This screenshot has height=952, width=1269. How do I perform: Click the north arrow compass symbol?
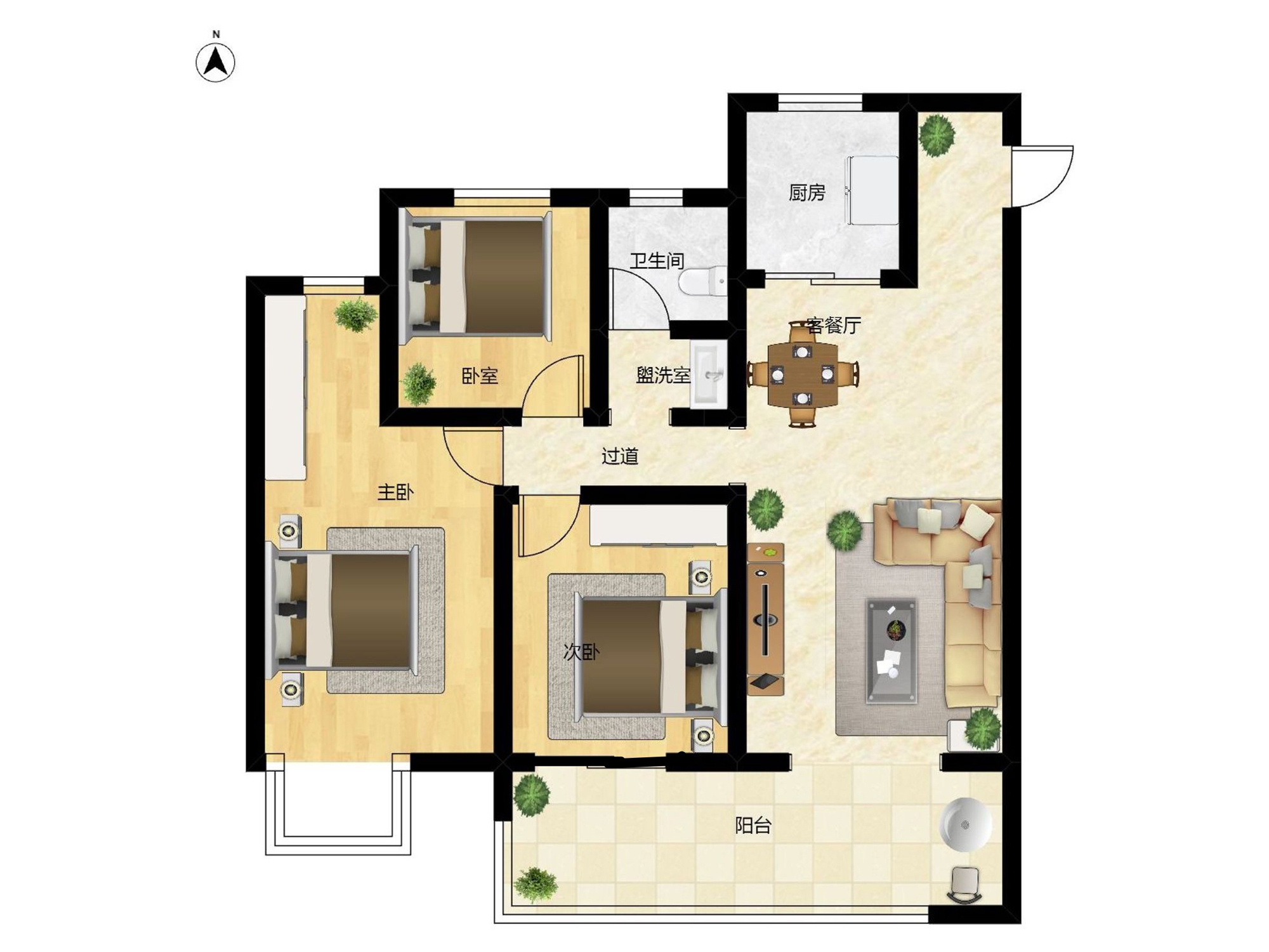[x=215, y=62]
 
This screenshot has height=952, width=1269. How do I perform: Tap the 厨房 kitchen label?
[x=807, y=192]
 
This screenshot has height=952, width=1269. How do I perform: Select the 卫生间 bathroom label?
[x=657, y=260]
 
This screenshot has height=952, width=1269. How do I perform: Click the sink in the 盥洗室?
[x=709, y=374]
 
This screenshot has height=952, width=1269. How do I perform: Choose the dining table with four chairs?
[x=803, y=374]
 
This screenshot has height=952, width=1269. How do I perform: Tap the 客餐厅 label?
[x=834, y=326]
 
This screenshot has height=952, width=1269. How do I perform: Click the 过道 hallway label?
[x=619, y=456]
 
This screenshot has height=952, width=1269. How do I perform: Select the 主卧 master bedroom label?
[x=395, y=492]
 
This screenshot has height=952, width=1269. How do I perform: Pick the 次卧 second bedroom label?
[x=581, y=652]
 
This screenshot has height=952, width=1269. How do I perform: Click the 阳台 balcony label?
[x=753, y=825]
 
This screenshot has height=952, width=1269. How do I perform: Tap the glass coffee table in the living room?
[x=891, y=651]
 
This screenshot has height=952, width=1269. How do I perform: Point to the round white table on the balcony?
[x=965, y=824]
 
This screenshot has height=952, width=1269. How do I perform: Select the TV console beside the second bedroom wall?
[x=765, y=619]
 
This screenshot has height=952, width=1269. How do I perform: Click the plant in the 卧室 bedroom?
[x=419, y=383]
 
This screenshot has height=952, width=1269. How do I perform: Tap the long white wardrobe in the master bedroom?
[x=286, y=387]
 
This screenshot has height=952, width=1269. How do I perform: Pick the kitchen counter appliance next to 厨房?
[x=871, y=190]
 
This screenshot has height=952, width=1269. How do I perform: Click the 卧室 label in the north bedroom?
[x=480, y=376]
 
